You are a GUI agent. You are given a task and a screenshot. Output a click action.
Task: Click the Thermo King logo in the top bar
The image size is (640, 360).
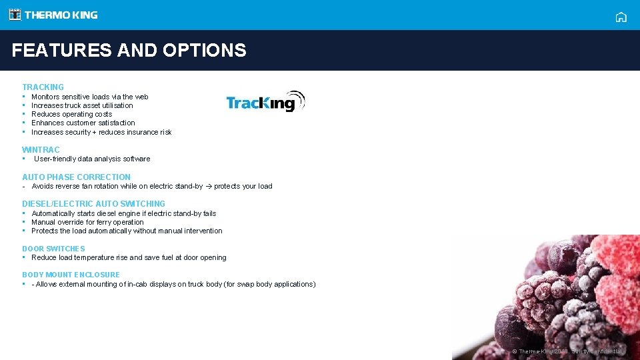pos(53,15)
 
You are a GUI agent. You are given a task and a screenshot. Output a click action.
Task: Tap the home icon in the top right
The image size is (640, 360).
pos(621,17)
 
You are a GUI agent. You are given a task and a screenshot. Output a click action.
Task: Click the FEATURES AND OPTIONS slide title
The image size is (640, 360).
pos(129,50)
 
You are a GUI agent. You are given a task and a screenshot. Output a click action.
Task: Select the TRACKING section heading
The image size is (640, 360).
pos(43,87)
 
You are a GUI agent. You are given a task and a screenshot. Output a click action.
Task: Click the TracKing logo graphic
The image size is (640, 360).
pos(265,101)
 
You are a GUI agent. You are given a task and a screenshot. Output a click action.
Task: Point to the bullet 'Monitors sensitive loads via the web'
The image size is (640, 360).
pos(89,97)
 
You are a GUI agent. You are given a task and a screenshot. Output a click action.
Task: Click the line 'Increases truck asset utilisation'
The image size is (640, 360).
pos(82,105)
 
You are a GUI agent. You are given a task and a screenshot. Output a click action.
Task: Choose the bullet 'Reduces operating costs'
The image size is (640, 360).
pos(71,114)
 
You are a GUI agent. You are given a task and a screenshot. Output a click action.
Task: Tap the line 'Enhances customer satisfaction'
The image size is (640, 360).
pos(83,123)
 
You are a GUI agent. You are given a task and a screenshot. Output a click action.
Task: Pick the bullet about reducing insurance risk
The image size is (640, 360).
pos(101,132)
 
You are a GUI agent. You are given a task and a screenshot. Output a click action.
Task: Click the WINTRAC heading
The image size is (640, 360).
pos(41,150)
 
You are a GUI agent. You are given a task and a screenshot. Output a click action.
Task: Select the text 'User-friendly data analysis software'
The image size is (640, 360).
pos(92,159)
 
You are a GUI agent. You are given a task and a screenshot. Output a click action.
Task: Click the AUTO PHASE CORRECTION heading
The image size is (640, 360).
pos(76,177)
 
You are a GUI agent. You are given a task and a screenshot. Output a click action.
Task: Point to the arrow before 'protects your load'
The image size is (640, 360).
pos(208,187)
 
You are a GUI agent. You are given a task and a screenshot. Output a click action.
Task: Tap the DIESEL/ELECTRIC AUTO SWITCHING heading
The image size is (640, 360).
pos(93,204)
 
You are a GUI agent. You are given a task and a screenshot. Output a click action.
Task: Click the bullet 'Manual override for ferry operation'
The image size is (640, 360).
pos(87,222)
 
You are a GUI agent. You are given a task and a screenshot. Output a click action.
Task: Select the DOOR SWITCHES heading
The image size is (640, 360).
pos(53,249)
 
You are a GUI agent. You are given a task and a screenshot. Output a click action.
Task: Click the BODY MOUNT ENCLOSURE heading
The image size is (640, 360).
pos(71,275)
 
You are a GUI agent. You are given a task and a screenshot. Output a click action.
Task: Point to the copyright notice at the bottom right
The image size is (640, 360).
pos(567,351)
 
